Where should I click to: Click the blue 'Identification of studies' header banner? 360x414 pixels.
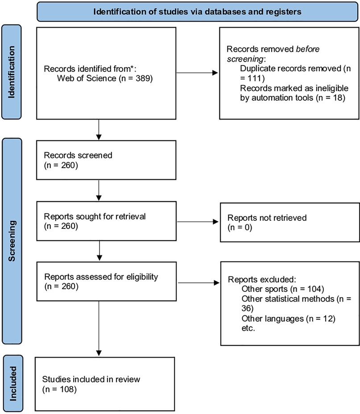coord(197,12)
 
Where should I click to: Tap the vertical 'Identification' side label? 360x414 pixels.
coord(12,72)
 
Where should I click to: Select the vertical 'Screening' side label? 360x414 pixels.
coord(12,241)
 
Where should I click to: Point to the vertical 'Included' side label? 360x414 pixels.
coord(13,383)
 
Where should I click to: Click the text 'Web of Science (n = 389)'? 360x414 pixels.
coord(105,79)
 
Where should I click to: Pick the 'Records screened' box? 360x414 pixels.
coord(106,160)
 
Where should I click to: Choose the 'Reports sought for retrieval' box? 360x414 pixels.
coord(106,221)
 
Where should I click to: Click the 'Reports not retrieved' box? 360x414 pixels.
coord(290,222)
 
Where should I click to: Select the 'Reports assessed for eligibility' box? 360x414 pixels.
coord(106,281)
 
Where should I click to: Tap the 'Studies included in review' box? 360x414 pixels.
coord(105,384)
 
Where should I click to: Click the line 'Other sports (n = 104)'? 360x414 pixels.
coord(283,289)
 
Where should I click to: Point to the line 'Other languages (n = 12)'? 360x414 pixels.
coord(288,319)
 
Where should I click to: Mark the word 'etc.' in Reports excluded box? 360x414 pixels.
coord(248,328)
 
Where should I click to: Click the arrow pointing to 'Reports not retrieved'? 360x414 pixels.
coord(198,222)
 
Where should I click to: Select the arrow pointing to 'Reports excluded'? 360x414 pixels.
coord(199,283)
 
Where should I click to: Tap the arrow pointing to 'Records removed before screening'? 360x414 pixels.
coord(197,73)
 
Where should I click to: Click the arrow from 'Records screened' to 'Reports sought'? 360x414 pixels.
coord(99,190)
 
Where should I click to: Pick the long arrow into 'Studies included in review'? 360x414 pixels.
coord(99,328)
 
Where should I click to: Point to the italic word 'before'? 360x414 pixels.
coord(307,49)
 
